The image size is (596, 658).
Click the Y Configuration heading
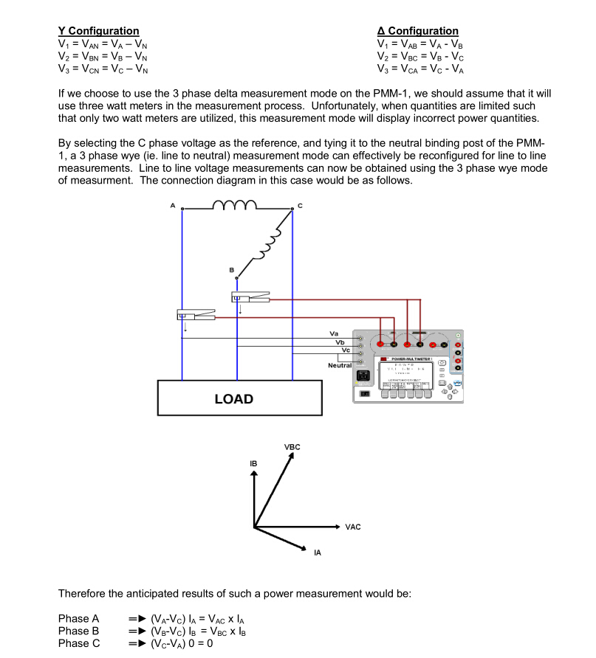(x=98, y=31)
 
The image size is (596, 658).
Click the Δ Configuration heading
(x=417, y=31)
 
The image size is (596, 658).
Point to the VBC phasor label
(x=292, y=447)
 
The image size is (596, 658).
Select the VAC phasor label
(x=353, y=527)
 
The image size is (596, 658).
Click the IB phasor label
(x=253, y=463)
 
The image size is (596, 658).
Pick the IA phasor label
(x=318, y=553)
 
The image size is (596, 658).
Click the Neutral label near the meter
(x=340, y=365)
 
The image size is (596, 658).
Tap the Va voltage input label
(x=335, y=334)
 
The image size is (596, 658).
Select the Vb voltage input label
(x=340, y=342)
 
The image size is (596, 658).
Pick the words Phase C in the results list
(x=78, y=643)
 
